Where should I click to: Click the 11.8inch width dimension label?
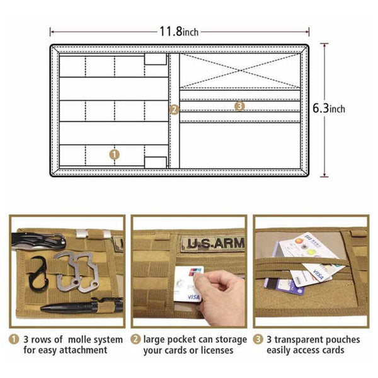[179, 31]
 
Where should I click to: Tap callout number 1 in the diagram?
[114, 153]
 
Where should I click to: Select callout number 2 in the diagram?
[175, 109]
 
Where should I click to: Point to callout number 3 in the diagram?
[239, 106]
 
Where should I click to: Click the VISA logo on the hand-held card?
[193, 296]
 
